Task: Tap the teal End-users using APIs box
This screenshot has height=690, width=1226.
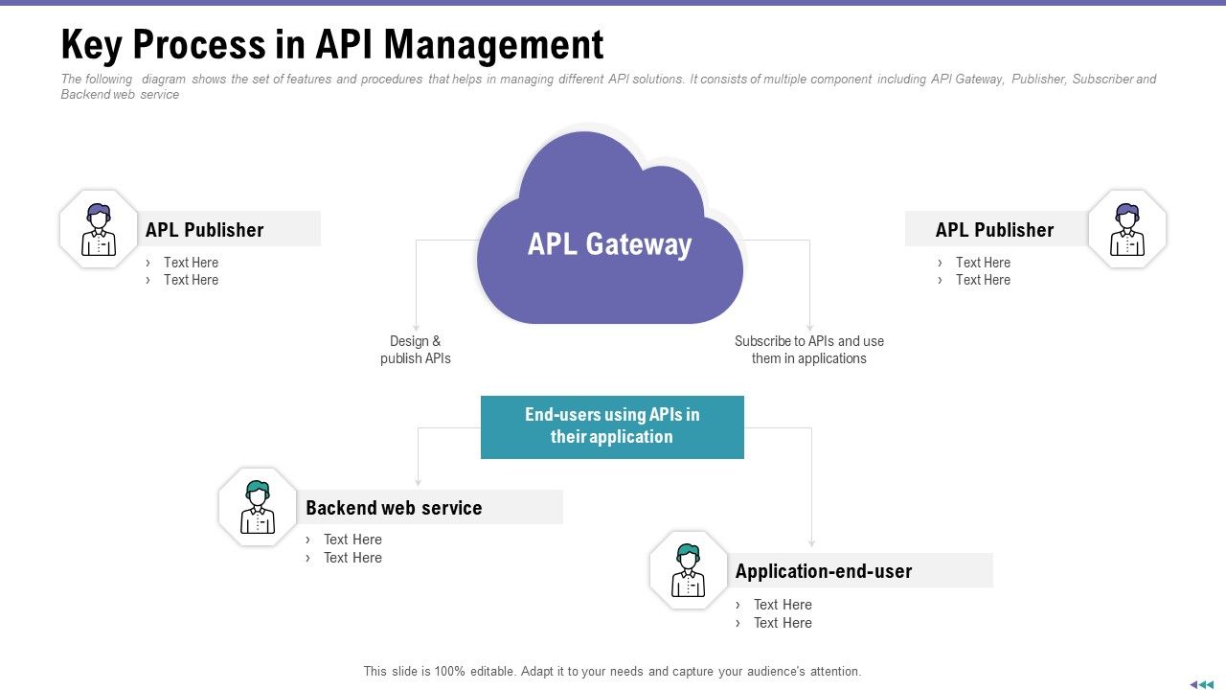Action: (x=612, y=426)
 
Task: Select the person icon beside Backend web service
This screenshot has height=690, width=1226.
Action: (x=258, y=507)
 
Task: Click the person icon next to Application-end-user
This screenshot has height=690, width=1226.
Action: (x=689, y=570)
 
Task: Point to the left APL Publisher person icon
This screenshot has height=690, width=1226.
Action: (x=99, y=229)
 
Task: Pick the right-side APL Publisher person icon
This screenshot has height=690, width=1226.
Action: (x=1127, y=229)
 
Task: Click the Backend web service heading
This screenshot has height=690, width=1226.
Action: (x=394, y=508)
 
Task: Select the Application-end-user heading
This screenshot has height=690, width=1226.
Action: (x=823, y=571)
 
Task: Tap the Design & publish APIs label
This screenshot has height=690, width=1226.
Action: (x=416, y=350)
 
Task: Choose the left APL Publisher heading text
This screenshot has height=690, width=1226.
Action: (x=204, y=230)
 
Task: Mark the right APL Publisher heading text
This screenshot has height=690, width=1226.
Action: (x=994, y=230)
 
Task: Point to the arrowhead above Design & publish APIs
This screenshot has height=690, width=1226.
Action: (x=416, y=327)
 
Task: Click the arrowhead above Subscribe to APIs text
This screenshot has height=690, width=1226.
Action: (x=810, y=327)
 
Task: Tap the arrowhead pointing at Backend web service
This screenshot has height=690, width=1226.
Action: (x=418, y=482)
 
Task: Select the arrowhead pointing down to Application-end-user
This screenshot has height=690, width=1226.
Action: (x=812, y=543)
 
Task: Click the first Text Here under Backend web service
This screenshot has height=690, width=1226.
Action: (x=352, y=540)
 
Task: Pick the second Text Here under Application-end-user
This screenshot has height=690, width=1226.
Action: (x=783, y=623)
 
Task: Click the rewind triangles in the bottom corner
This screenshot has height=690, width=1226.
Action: (x=1201, y=684)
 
